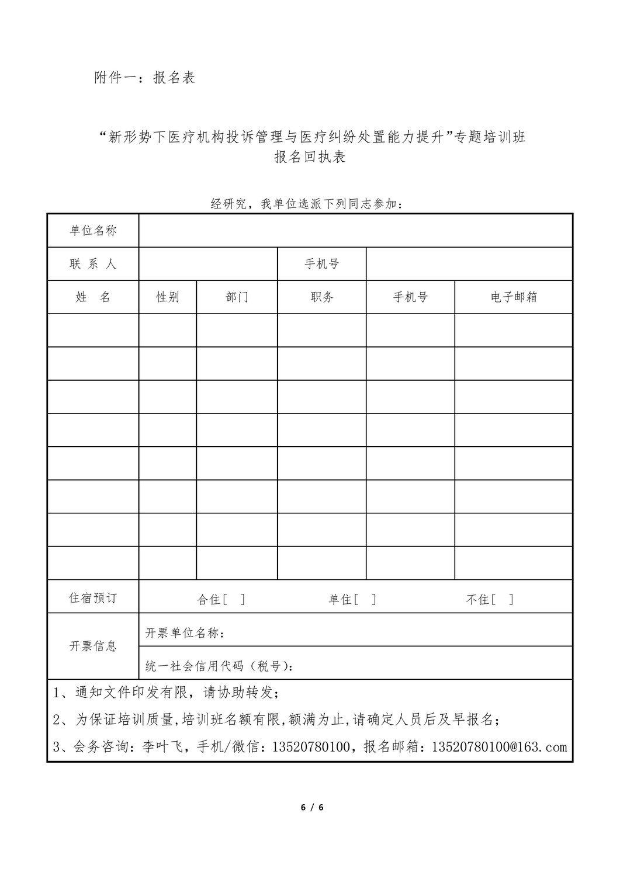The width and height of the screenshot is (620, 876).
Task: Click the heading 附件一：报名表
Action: [x=144, y=78]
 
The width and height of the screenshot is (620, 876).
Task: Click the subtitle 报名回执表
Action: [x=310, y=157]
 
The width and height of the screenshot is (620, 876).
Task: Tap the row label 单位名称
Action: [x=93, y=231]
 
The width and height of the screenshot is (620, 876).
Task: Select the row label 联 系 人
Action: [x=93, y=264]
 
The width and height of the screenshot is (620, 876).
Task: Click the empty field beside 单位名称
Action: [x=355, y=231]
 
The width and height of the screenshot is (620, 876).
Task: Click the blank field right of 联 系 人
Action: [x=207, y=264]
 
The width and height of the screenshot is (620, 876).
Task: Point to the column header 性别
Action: [x=168, y=297]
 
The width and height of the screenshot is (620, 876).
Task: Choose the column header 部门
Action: [x=237, y=297]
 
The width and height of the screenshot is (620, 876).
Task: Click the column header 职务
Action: [x=322, y=297]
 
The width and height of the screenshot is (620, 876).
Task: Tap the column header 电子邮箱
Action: [x=514, y=297]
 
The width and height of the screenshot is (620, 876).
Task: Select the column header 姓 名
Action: [x=93, y=297]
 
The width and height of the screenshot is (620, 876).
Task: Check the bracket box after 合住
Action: [x=234, y=599]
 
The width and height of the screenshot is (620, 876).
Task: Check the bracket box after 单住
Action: [x=365, y=599]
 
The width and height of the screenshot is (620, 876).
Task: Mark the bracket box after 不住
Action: [x=503, y=599]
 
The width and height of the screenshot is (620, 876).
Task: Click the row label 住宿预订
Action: [x=93, y=598]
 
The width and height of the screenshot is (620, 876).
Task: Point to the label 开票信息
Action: [x=93, y=646]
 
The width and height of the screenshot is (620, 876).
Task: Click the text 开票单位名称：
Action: [x=185, y=633]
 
